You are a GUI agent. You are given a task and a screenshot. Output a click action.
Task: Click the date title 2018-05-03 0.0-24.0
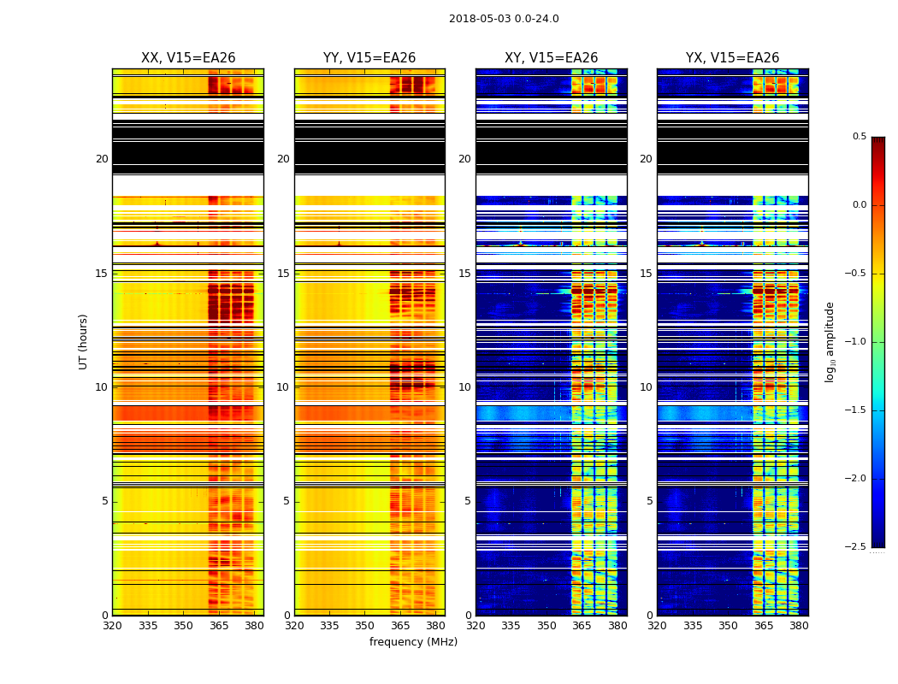point(504,19)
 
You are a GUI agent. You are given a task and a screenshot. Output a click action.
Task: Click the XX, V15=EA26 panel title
point(188,58)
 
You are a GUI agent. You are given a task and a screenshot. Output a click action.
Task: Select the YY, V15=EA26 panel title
point(369,58)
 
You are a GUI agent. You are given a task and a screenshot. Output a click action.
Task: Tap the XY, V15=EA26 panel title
point(551,58)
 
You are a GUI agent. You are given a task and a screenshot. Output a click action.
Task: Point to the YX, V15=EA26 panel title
point(732,58)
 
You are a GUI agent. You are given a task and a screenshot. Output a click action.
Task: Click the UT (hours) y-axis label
point(84,341)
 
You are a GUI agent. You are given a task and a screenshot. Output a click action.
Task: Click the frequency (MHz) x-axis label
point(413,642)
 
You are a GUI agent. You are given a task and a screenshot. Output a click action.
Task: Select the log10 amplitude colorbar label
point(830,341)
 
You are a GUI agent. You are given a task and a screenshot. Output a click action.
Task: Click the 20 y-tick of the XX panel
point(102,159)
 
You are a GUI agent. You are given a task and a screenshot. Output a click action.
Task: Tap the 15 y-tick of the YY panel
point(283,274)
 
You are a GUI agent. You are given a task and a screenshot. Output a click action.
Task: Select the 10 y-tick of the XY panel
point(464,387)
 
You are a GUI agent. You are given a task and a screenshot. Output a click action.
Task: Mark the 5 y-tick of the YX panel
point(649,501)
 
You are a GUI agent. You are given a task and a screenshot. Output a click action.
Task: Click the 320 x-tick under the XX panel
point(112,626)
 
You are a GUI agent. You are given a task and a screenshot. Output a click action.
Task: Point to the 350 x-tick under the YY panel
point(365,626)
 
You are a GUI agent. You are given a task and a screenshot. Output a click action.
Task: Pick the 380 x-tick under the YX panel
point(799,626)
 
